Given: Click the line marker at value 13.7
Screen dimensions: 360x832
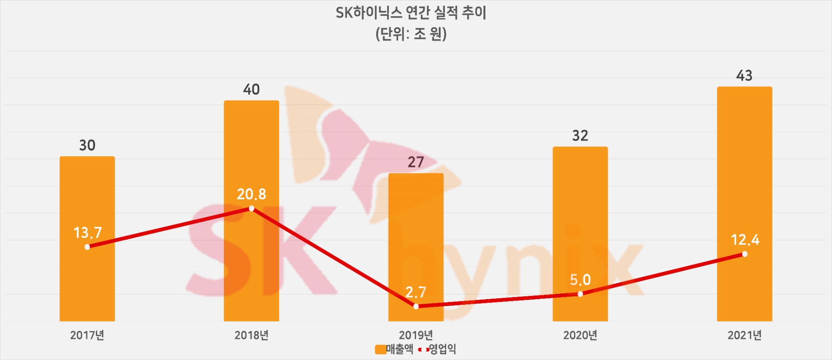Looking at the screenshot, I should [87, 247].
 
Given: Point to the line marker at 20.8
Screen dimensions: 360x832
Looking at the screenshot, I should [251, 208].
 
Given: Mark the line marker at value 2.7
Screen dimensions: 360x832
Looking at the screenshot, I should [416, 306].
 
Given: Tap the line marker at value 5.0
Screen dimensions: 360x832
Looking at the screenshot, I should [580, 294].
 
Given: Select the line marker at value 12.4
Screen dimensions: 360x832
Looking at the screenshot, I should [744, 254].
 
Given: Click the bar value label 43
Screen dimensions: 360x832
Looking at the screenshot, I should [744, 76].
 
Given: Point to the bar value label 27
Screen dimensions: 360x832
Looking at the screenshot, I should [416, 162].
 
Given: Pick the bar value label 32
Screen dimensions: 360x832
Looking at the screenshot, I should [580, 136].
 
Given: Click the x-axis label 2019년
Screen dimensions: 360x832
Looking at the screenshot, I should [416, 335].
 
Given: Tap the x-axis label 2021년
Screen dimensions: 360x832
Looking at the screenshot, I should [744, 335].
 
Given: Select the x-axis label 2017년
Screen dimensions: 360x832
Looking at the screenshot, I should [87, 335].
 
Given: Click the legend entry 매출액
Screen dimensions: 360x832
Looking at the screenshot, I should [394, 349].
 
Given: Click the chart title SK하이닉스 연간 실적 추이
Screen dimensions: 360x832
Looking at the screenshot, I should [411, 13].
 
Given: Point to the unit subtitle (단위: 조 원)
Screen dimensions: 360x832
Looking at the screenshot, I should [411, 34].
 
